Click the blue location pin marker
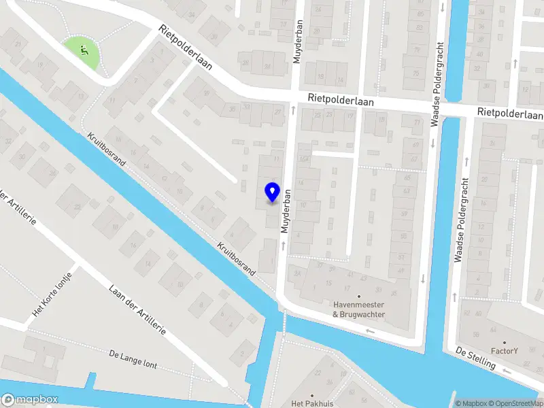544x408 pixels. click(x=272, y=192)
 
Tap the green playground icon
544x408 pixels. click(x=84, y=50)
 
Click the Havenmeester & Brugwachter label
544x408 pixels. click(x=359, y=309)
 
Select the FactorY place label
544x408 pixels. click(x=505, y=351)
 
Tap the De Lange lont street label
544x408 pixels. click(x=133, y=359)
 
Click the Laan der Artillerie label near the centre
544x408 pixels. click(x=137, y=309)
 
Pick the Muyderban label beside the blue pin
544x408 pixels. click(x=288, y=211)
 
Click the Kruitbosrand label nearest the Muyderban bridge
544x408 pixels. click(x=236, y=259)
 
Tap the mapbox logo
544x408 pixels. click(x=30, y=400)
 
